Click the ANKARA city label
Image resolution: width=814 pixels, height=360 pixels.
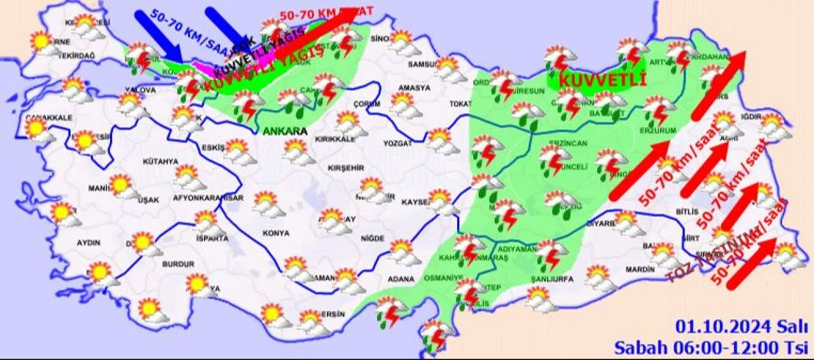284,132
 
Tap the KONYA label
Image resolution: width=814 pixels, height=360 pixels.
275,233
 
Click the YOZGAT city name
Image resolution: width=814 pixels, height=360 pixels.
397,144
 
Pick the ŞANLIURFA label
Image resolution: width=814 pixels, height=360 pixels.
552,279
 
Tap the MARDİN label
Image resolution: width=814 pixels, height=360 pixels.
640,270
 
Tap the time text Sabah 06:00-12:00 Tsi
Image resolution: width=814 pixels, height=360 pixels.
710,347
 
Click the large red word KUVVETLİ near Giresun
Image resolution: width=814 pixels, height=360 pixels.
602,81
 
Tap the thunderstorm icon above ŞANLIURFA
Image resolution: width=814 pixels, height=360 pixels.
551,254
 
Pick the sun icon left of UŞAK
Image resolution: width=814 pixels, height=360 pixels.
121,186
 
